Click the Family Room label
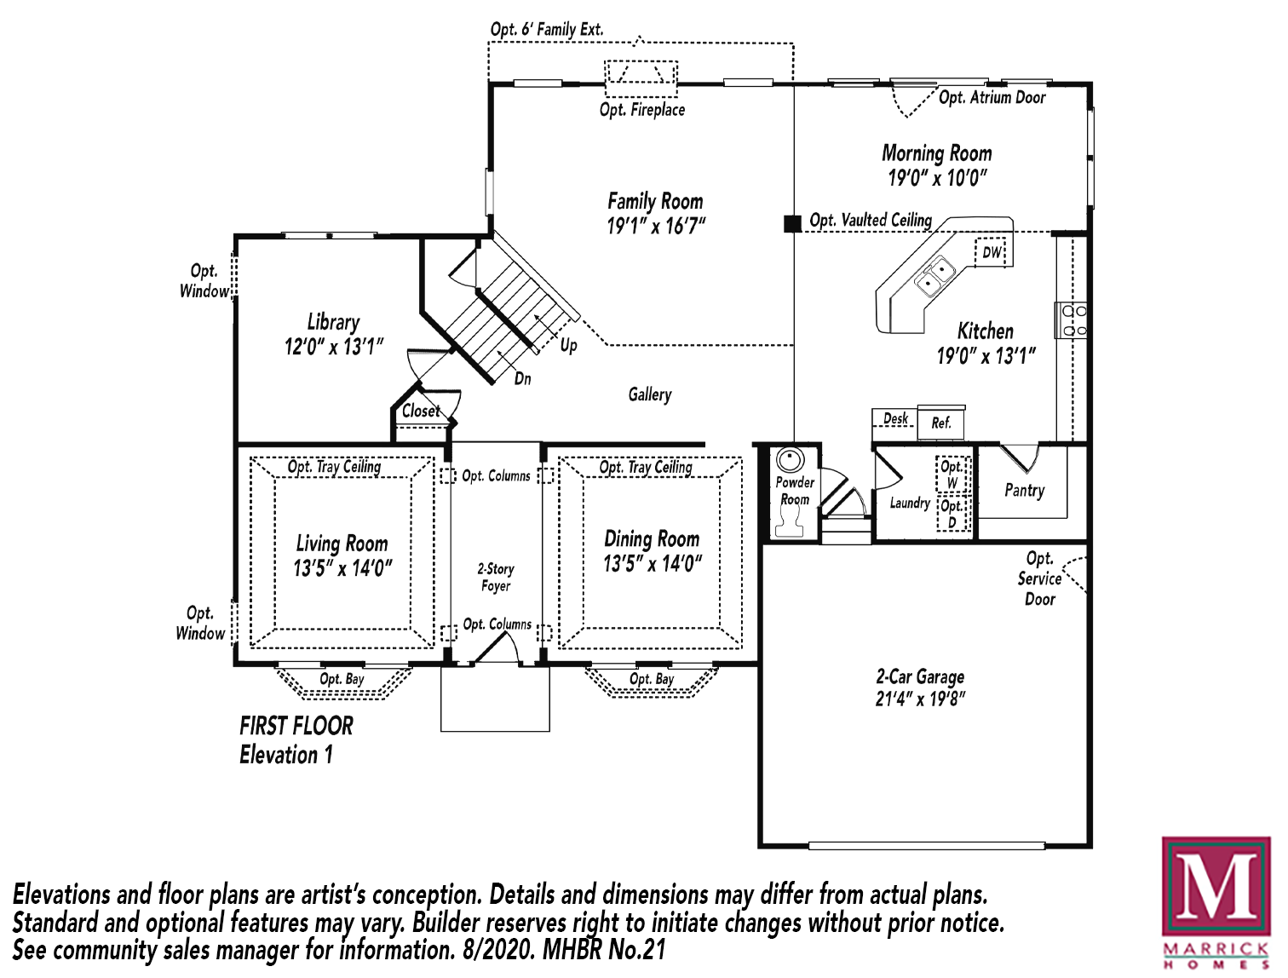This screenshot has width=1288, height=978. (655, 202)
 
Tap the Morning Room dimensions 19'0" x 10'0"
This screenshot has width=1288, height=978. (937, 178)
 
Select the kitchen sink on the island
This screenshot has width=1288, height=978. (934, 276)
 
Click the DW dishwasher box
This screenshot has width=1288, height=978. (991, 252)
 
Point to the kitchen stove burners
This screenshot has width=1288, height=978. (1074, 320)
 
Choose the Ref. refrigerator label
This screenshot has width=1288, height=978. (940, 423)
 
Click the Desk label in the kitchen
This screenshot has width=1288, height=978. (895, 418)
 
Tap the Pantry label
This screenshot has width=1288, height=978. (1025, 491)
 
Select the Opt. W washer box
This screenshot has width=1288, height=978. (952, 474)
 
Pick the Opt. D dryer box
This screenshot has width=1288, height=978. (952, 514)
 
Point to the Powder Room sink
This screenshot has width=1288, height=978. (791, 460)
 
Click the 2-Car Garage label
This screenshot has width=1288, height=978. (920, 677)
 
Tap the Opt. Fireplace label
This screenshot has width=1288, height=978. (642, 110)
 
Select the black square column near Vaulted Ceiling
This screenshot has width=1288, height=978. (793, 223)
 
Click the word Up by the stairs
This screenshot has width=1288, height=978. (568, 346)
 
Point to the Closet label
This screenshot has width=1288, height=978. (421, 411)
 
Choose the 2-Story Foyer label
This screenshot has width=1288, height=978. (496, 578)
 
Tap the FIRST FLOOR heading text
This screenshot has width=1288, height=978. (296, 727)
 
